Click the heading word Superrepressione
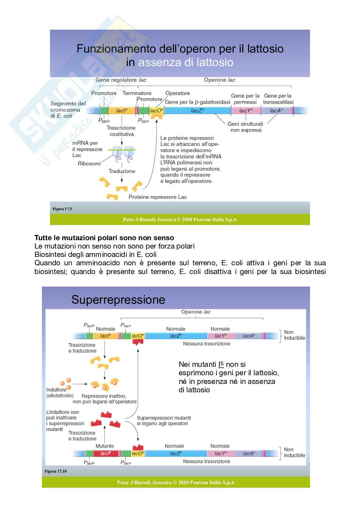[118, 299]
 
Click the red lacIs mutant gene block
[105, 453]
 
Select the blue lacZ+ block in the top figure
[197, 111]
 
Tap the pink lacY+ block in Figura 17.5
[246, 111]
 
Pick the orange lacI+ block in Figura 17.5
[122, 111]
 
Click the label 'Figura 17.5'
[62, 209]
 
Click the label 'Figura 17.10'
[55, 471]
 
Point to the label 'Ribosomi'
[89, 163]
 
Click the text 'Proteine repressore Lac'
[157, 197]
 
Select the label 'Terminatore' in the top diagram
[137, 93]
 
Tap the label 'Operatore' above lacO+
[177, 93]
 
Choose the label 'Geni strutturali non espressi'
[245, 127]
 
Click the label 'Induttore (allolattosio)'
[60, 392]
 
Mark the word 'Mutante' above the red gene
[105, 446]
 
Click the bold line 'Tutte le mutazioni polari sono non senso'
[104, 238]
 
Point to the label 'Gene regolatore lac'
[121, 80]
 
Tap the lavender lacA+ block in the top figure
[276, 111]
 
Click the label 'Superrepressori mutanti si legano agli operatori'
[164, 421]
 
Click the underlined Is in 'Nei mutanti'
[221, 364]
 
